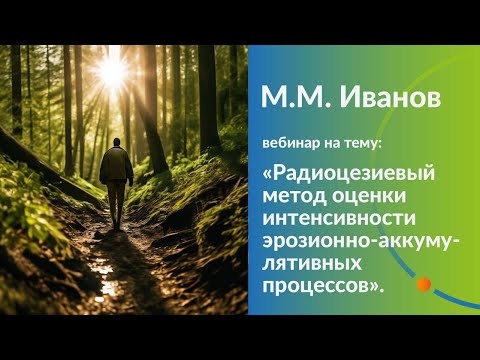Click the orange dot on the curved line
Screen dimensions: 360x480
423,284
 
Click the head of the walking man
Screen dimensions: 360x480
117,143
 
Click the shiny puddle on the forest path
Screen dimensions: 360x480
103,267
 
